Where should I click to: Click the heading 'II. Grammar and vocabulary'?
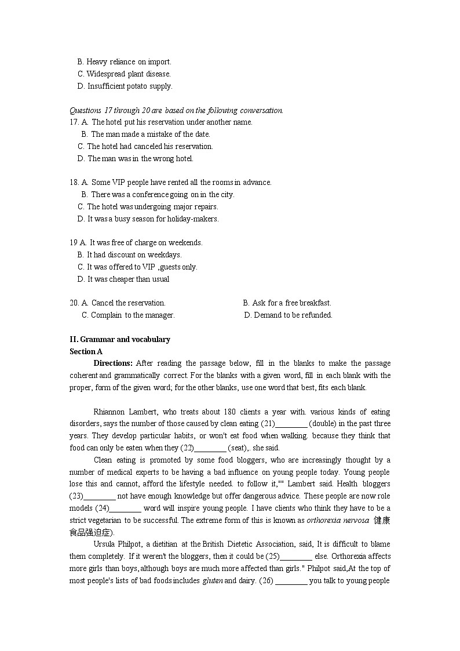pos(119,340)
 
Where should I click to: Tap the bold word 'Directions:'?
pos(113,363)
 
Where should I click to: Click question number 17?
pos(74,122)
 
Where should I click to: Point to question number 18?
pos(74,183)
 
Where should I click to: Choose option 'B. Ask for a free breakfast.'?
pos(287,303)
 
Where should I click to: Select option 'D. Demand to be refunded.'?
pos(288,315)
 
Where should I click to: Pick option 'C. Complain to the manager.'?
pos(128,315)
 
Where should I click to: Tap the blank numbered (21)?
pos(291,424)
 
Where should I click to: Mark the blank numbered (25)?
pos(295,557)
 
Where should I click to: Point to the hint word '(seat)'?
pos(238,448)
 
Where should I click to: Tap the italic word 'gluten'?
pos(212,581)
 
